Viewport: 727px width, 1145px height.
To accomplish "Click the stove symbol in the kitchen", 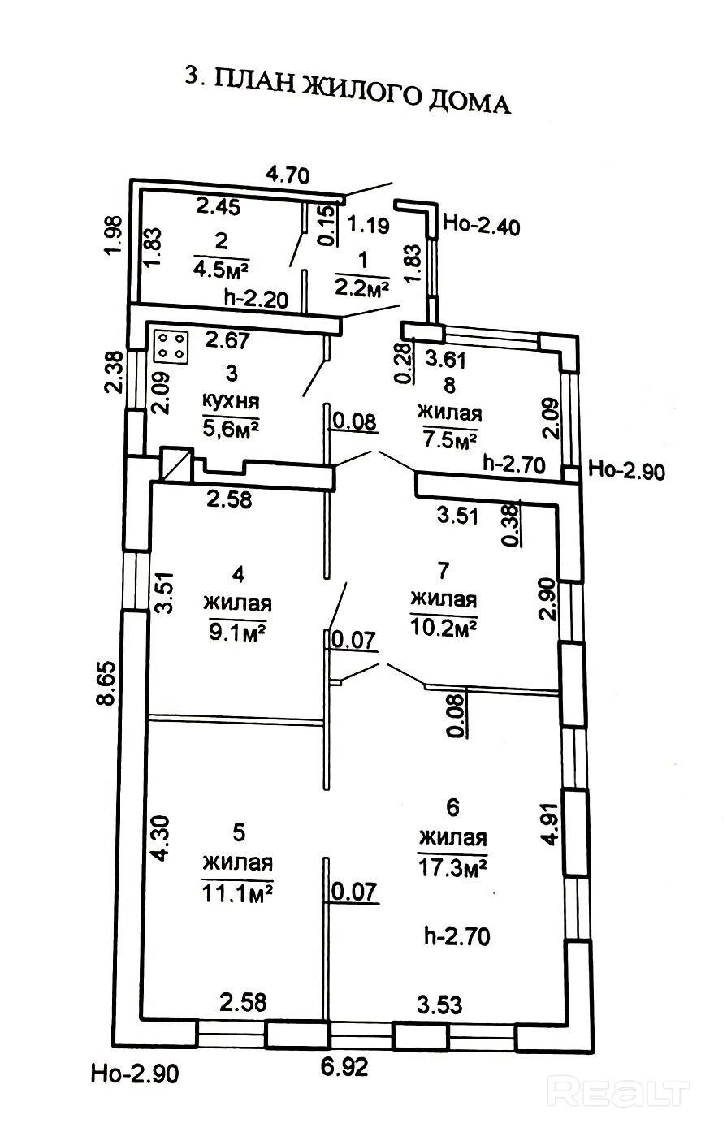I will pos(171,346).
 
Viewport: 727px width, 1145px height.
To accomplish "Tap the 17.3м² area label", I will pos(452,868).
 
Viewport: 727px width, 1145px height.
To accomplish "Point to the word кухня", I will pos(232,400).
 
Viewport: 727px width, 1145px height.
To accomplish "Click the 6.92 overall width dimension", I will pos(344,1065).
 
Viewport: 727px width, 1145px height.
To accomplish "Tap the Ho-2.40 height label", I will pos(483,224).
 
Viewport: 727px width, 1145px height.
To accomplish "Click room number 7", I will pos(443,571).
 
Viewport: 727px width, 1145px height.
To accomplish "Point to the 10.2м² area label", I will pos(444,628).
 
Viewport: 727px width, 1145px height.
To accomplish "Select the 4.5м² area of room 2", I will pos(221,266).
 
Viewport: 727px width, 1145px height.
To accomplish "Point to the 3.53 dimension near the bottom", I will pos(439,1005).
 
